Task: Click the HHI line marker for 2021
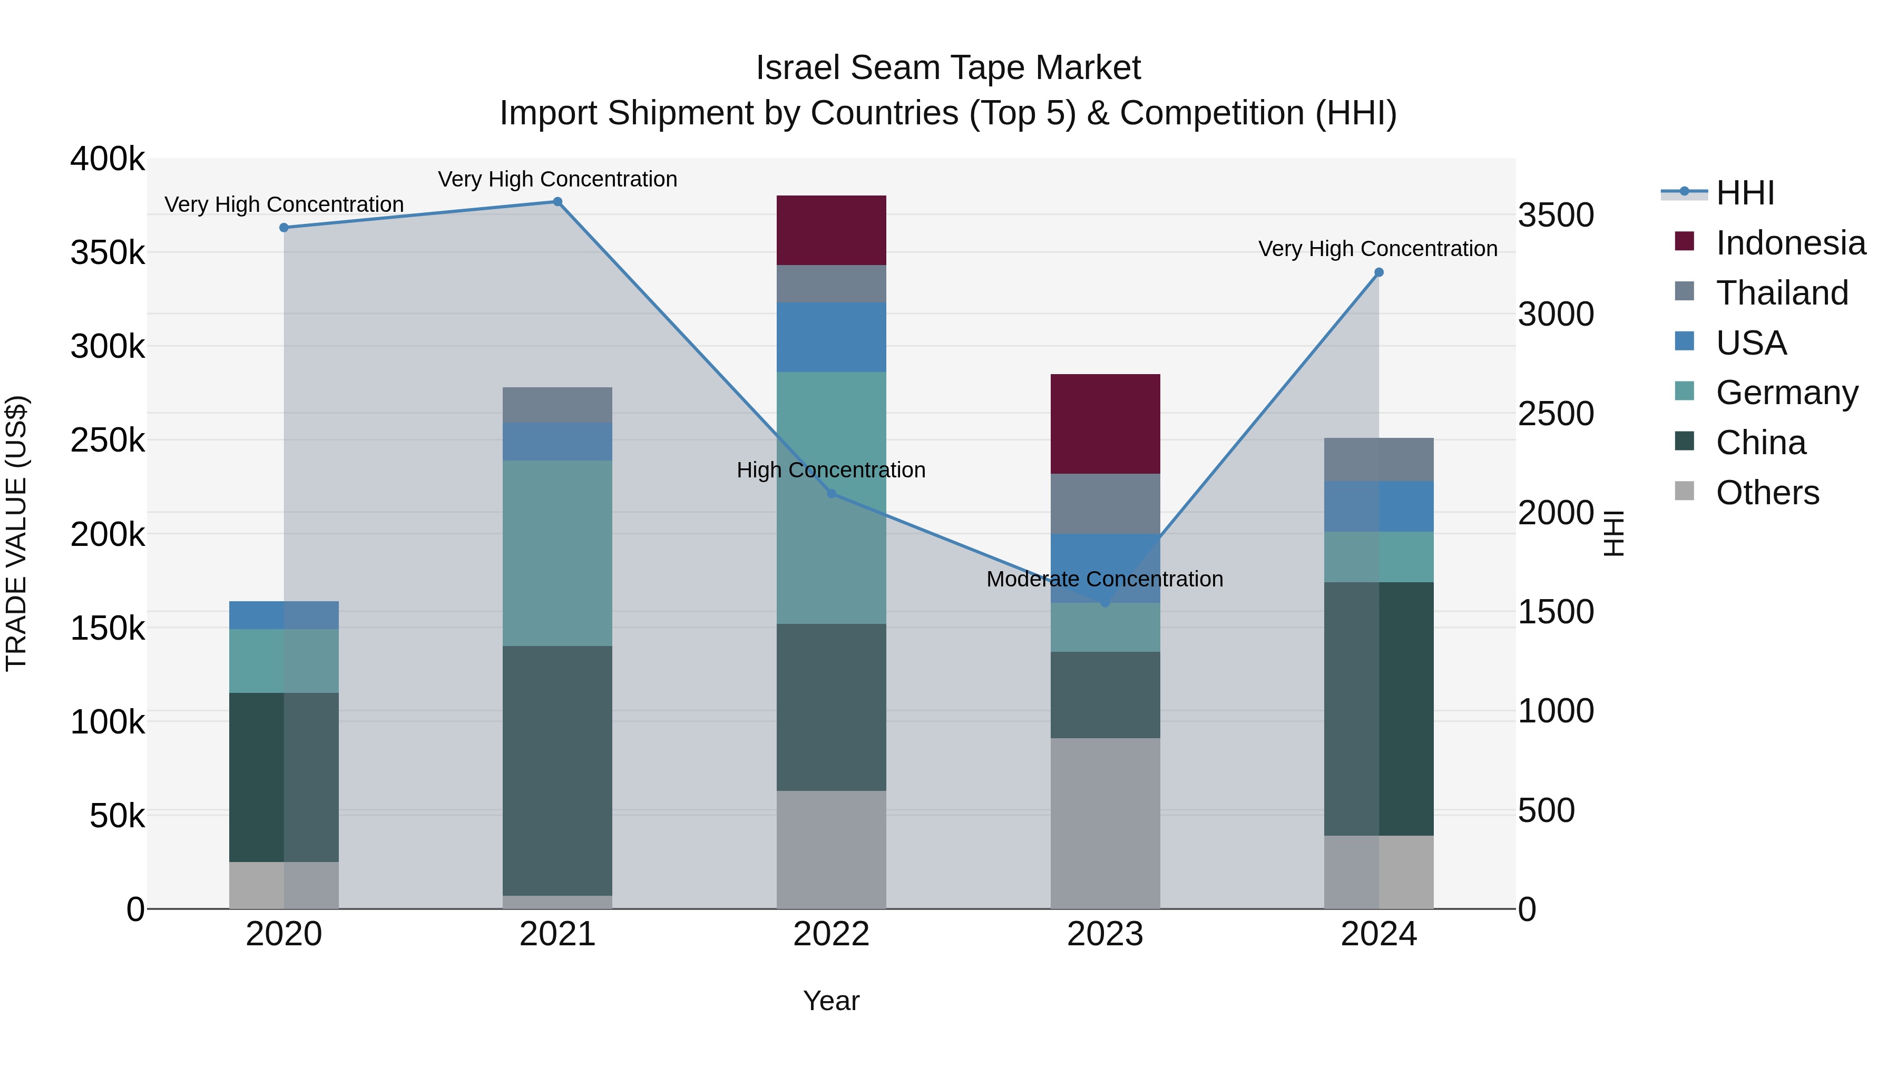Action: click(558, 202)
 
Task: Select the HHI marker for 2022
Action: click(832, 493)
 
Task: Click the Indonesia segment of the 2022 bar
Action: click(832, 230)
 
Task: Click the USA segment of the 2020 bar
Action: click(283, 615)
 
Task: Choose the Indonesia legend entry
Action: click(1790, 243)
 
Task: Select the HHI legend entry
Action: click(1745, 193)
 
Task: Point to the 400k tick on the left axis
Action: click(107, 159)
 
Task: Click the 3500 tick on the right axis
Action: click(1556, 216)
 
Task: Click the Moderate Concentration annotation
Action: click(1104, 579)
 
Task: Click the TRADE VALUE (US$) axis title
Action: click(16, 533)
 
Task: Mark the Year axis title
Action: click(832, 1001)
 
